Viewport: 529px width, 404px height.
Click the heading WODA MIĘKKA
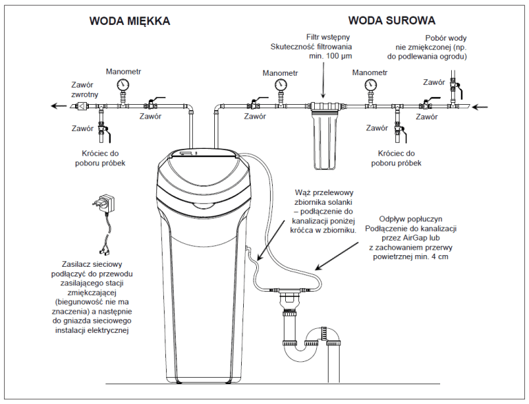[129, 21]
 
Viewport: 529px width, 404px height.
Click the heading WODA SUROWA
[391, 20]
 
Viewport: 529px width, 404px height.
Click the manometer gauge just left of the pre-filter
[280, 85]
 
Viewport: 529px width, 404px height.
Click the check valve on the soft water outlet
[81, 106]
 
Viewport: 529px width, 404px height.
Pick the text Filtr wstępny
[324, 37]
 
